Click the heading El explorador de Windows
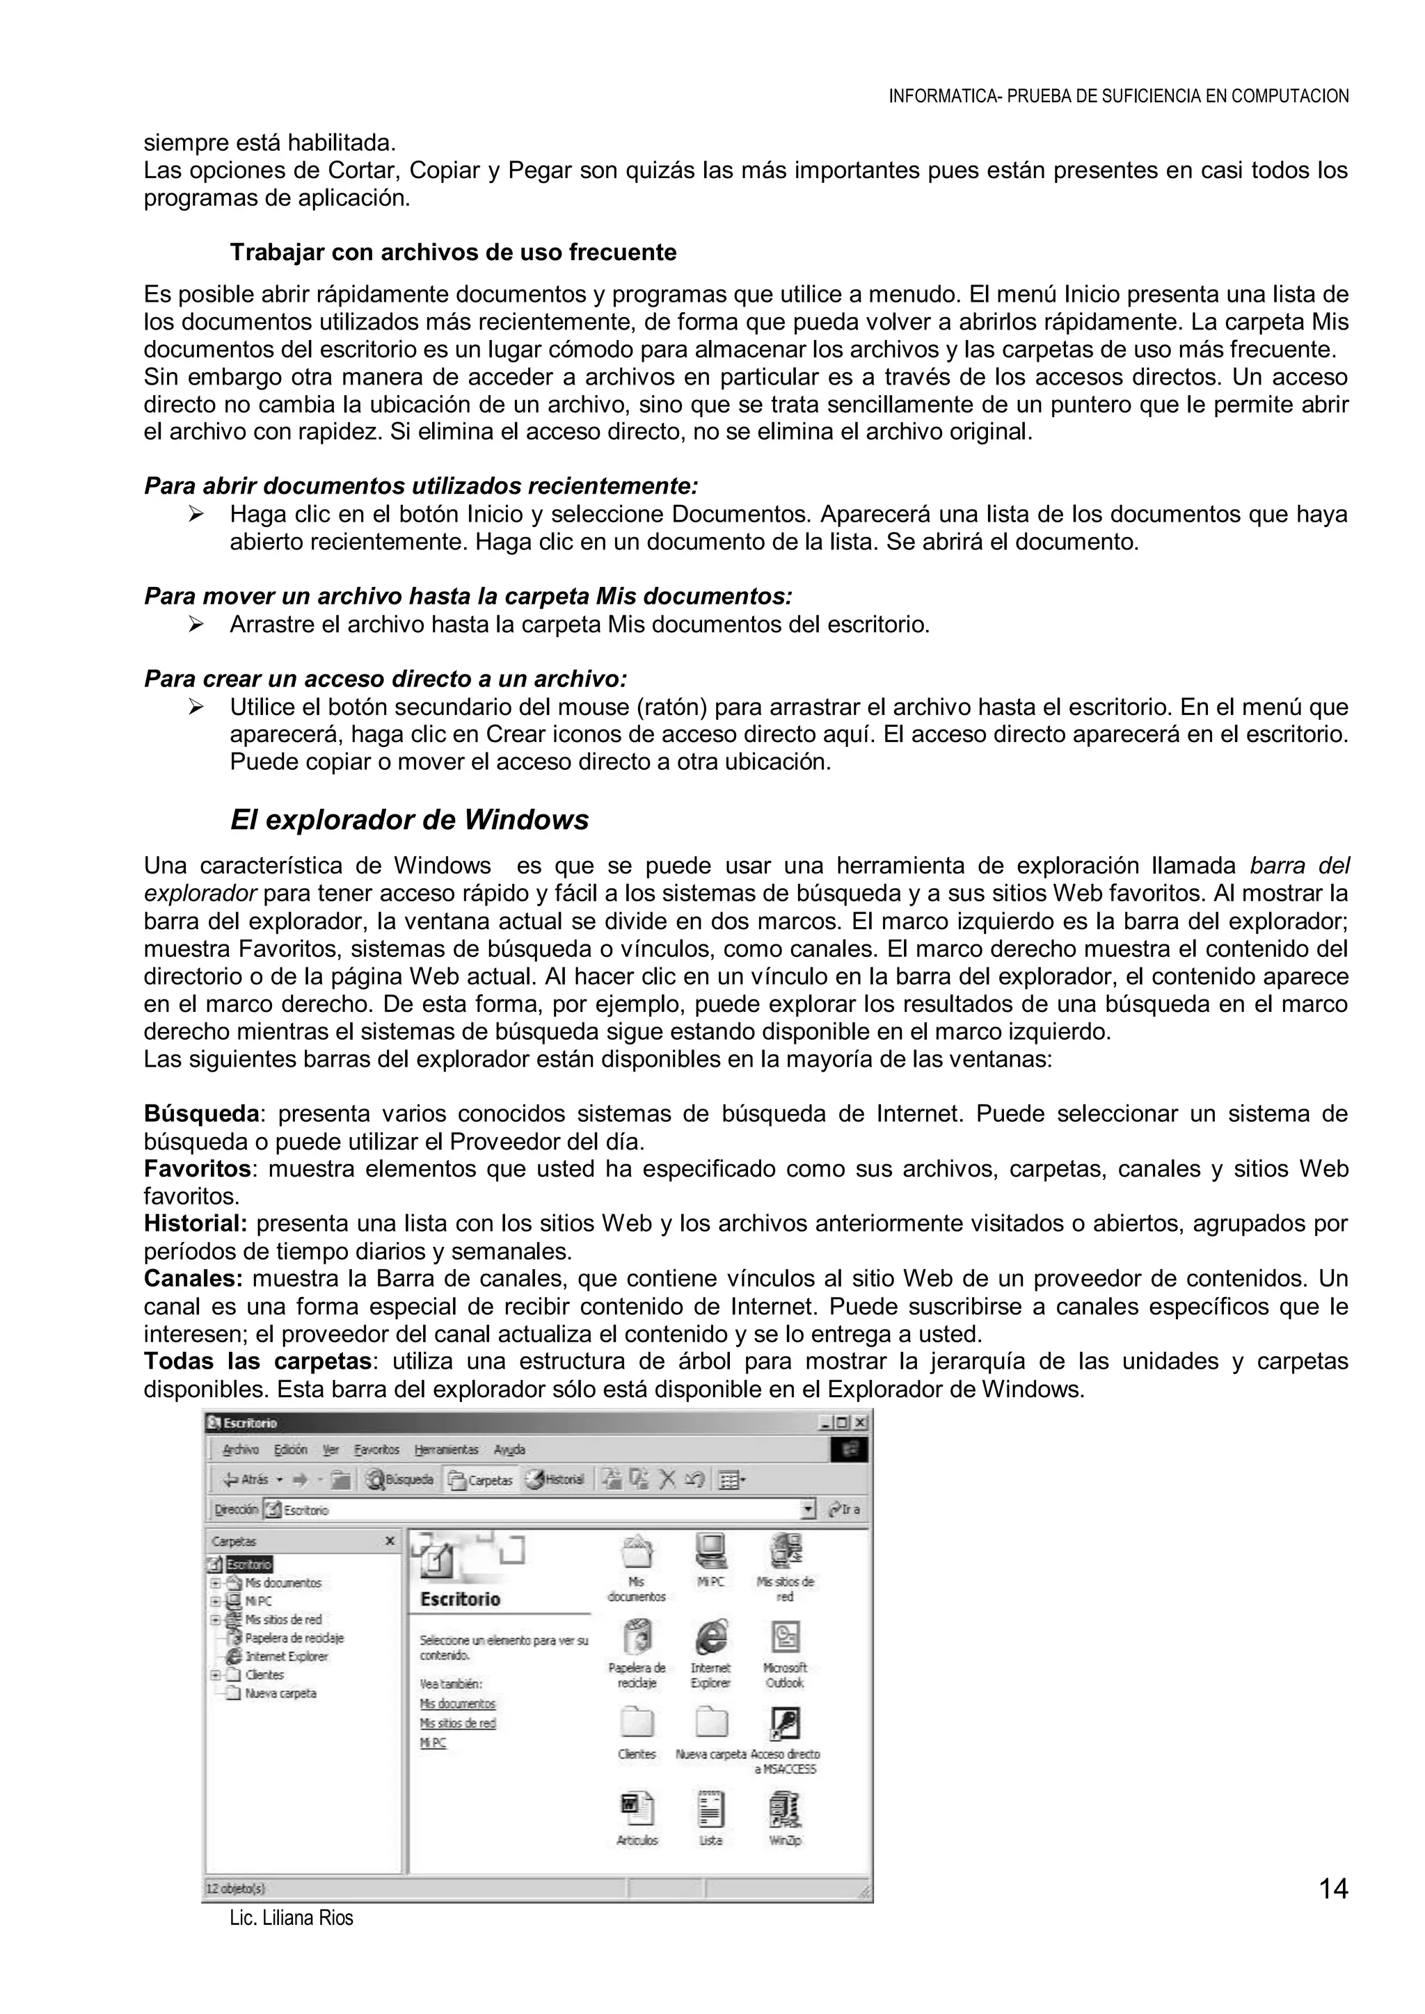409,819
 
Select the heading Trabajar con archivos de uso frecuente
453,252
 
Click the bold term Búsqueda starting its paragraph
201,1114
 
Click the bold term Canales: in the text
193,1278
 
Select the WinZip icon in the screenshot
784,1812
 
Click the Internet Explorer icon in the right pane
710,1638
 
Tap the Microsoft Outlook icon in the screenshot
784,1638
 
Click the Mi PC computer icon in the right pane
710,1551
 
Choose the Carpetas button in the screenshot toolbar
481,1480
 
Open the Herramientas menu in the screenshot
446,1449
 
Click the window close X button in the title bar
861,1423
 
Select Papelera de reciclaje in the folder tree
293,1638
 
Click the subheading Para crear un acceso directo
385,679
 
